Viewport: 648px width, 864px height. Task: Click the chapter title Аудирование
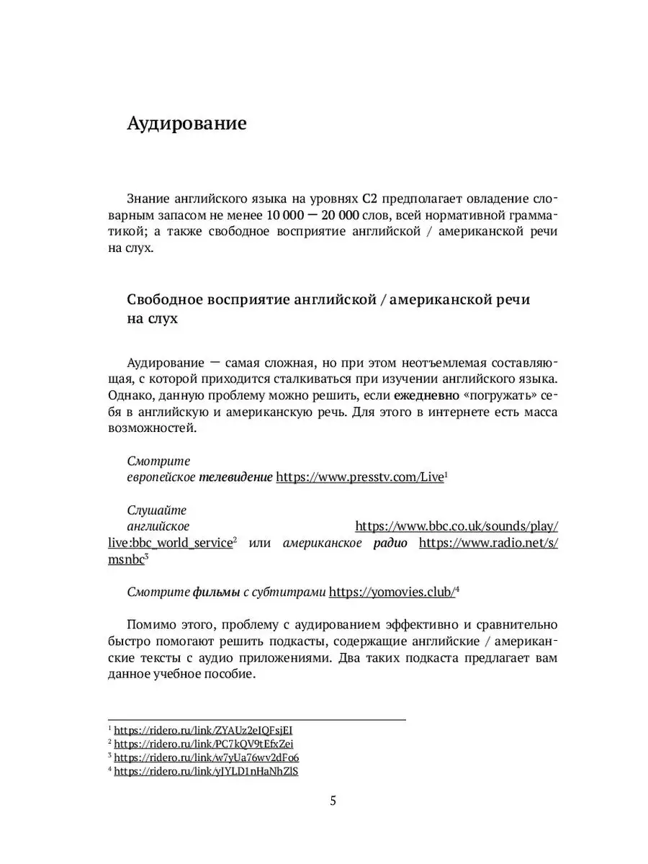pyautogui.click(x=186, y=124)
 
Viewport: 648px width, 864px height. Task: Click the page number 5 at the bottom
pyautogui.click(x=333, y=801)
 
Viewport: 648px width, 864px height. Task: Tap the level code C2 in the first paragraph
pyautogui.click(x=370, y=199)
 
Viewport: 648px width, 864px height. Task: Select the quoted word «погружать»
pyautogui.click(x=496, y=395)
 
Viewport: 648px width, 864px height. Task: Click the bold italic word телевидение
pyautogui.click(x=235, y=477)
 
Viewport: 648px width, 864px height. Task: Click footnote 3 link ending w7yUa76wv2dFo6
pyautogui.click(x=207, y=757)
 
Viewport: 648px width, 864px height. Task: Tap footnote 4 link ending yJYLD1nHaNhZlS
pyautogui.click(x=206, y=772)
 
